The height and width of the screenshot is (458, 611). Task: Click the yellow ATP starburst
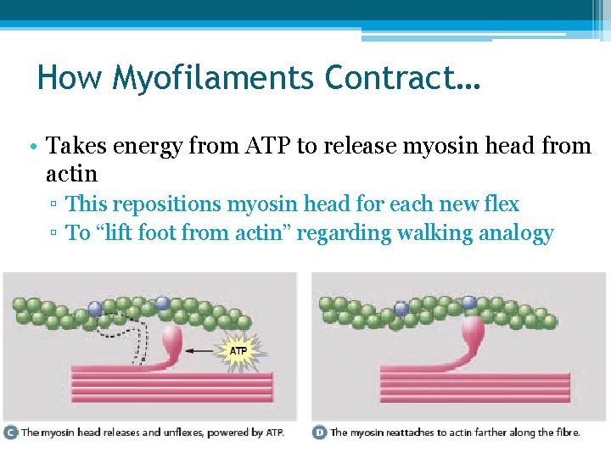click(x=239, y=349)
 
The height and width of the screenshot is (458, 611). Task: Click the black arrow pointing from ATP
click(x=203, y=349)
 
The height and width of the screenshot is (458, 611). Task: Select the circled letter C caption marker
click(x=10, y=432)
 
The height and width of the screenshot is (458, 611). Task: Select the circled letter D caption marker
click(x=319, y=432)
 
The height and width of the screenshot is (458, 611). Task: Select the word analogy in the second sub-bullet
click(x=517, y=233)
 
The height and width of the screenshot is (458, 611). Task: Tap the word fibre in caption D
click(x=567, y=433)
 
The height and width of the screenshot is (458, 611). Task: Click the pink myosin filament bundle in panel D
click(x=474, y=387)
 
